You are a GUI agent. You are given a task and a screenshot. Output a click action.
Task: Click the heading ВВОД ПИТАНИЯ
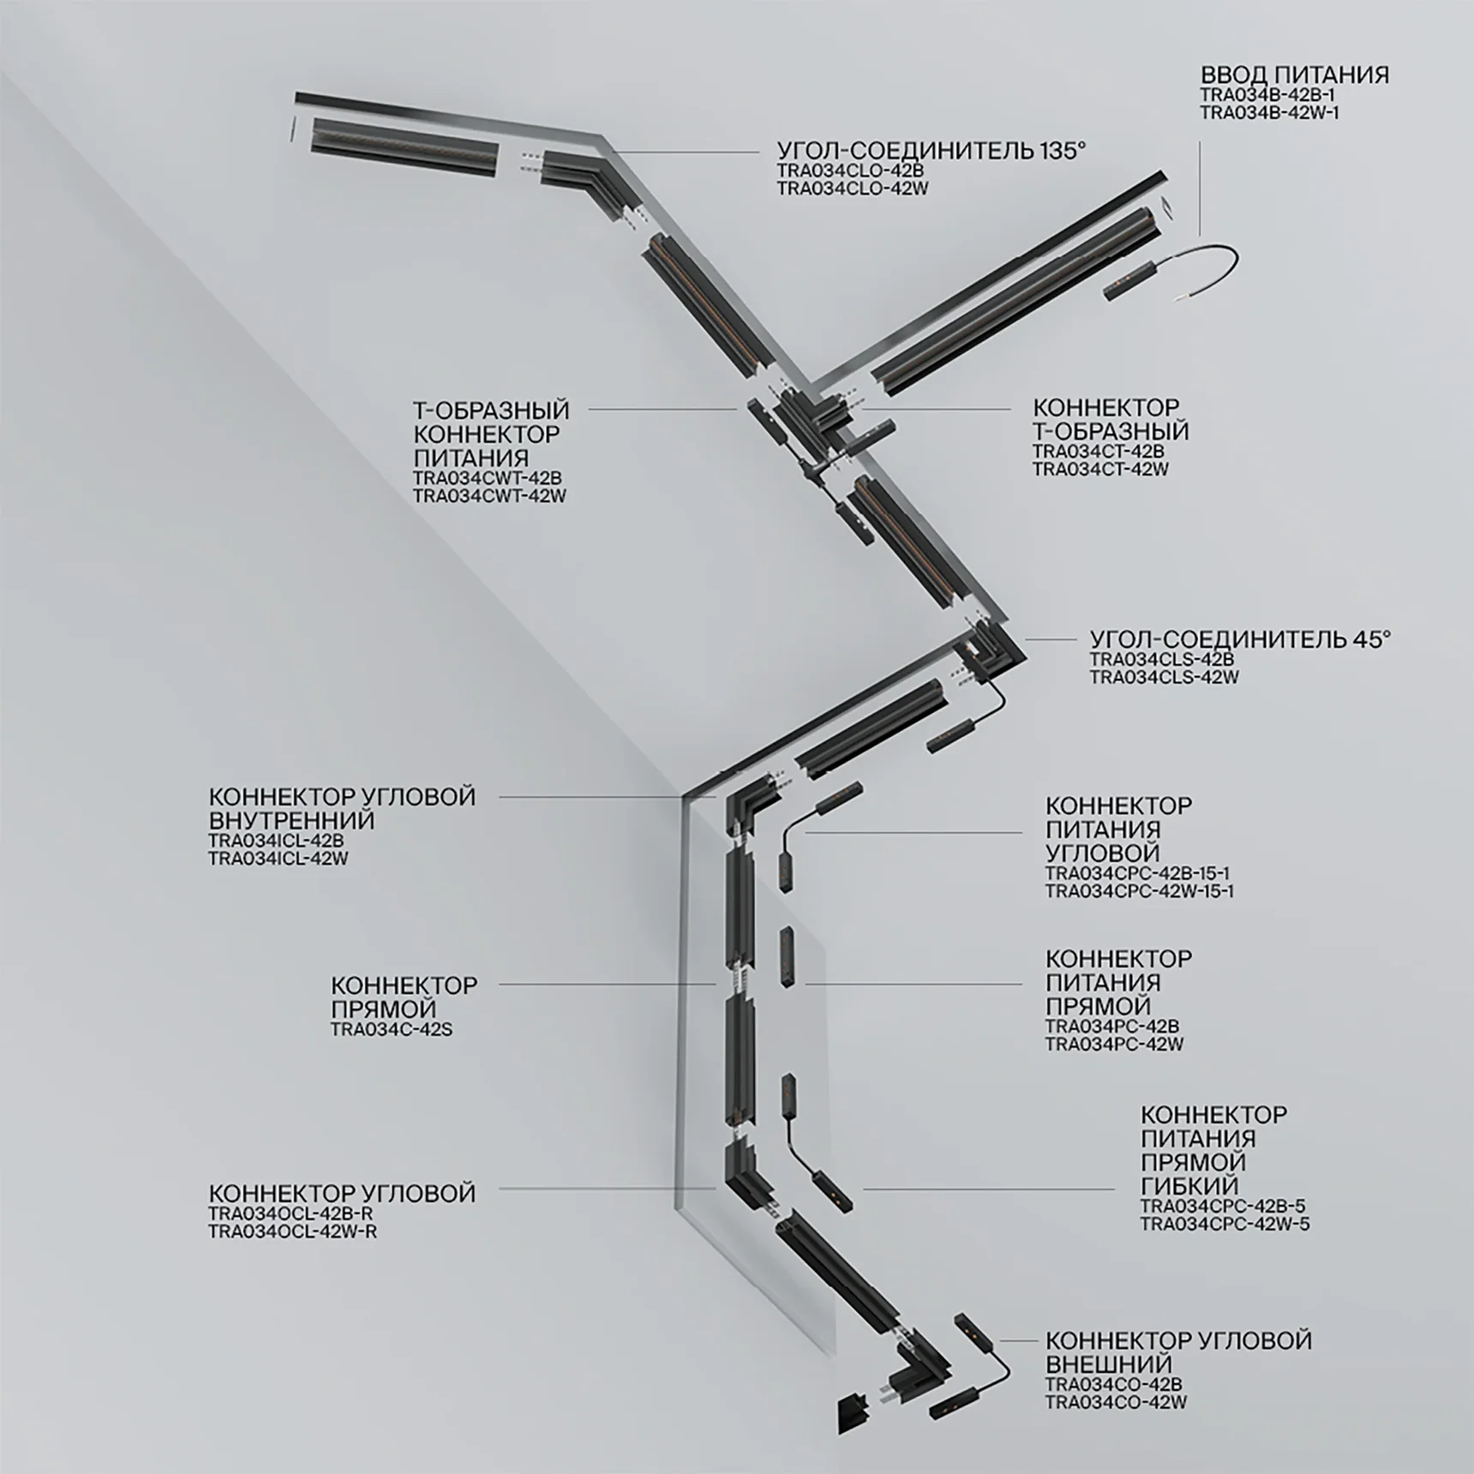click(1294, 75)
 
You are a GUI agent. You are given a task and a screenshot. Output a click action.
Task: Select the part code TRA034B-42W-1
click(1268, 113)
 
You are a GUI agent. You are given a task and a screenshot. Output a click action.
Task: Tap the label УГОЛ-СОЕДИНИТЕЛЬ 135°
click(932, 151)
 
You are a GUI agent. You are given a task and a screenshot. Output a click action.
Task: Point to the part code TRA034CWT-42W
click(489, 495)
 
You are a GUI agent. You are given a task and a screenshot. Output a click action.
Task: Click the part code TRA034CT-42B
click(1099, 451)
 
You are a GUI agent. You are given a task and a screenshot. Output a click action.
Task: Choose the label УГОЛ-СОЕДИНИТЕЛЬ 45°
click(1240, 639)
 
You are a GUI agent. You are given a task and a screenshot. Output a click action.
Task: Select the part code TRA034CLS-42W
click(1165, 677)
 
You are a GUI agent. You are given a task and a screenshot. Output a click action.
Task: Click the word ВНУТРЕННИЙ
click(291, 820)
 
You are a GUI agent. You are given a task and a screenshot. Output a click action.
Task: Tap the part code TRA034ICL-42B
click(276, 840)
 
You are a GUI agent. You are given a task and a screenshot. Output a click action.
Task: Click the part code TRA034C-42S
click(392, 1029)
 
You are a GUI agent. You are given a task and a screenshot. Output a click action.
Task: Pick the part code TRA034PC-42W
click(1114, 1044)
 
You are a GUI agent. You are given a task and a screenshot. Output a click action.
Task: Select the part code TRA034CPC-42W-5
click(1225, 1224)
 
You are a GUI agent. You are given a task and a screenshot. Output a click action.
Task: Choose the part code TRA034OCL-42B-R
click(291, 1213)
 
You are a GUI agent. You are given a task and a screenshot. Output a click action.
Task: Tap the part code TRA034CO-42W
click(1116, 1402)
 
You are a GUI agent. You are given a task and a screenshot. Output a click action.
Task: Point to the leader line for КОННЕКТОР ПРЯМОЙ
click(607, 985)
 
